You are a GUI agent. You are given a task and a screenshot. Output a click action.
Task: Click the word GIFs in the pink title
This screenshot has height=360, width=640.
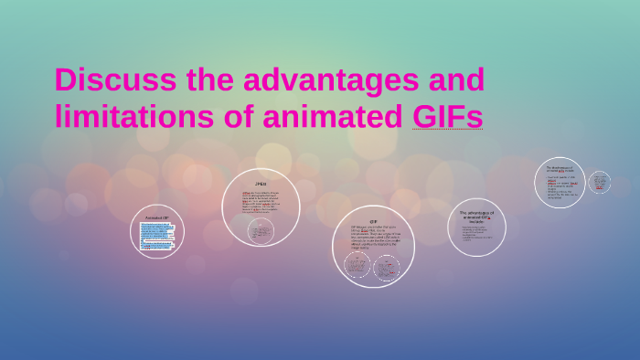coord(447,116)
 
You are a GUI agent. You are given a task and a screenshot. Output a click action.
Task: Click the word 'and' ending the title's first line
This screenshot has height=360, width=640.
coord(452,80)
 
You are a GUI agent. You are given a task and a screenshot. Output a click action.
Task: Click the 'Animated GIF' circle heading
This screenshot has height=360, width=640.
coord(158,217)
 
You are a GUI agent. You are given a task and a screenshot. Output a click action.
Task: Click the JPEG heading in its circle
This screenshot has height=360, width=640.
coord(260,185)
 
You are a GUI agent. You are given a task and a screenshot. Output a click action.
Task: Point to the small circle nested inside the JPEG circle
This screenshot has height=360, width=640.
coord(261,230)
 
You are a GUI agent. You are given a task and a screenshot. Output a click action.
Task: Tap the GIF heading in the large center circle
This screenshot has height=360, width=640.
coord(373,221)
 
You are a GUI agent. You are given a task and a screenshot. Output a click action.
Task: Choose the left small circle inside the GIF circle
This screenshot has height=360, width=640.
coord(357,265)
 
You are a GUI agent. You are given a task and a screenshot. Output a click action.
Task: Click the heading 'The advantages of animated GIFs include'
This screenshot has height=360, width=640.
coord(476,216)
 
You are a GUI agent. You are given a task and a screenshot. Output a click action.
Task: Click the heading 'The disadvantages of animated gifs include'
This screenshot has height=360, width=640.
coord(558,170)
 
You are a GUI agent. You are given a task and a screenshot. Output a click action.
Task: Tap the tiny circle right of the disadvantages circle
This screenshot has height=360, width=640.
coord(599,183)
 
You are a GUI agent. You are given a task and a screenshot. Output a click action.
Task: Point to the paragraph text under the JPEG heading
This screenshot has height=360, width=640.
coord(261,202)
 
